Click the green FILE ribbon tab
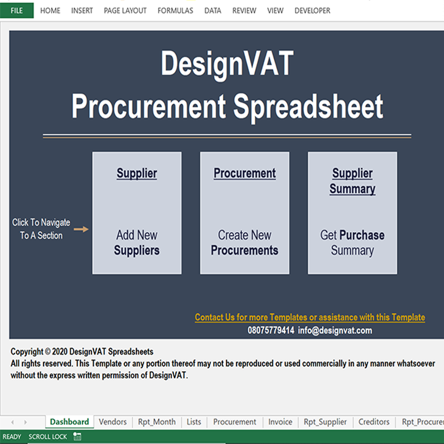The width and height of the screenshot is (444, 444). [17, 10]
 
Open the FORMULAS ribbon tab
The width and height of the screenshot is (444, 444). [175, 11]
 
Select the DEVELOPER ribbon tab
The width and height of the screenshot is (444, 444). [312, 11]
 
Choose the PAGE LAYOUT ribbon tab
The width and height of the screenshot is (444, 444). [125, 11]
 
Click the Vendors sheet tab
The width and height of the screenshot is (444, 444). [113, 422]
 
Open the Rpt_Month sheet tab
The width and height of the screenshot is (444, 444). [157, 422]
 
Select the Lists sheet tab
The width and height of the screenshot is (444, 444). [194, 422]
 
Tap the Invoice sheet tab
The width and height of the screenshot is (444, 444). [280, 422]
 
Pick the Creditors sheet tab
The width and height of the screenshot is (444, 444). [374, 422]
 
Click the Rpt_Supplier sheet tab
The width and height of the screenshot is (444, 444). [325, 422]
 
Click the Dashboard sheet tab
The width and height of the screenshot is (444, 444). [69, 422]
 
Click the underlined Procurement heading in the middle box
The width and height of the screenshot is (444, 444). [245, 173]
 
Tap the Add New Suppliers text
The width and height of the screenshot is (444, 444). [137, 243]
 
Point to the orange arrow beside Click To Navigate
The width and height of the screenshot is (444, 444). [81, 229]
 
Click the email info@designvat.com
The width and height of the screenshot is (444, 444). [335, 331]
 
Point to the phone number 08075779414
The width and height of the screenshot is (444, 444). [271, 330]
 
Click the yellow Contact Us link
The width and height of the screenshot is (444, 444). [310, 317]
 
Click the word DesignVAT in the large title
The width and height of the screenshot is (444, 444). [227, 64]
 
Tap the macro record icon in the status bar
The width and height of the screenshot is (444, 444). [77, 436]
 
